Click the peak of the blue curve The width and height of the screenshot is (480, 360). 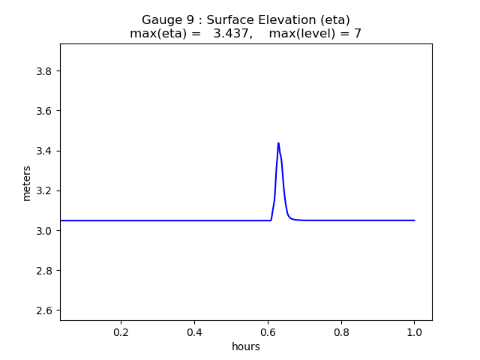(278, 143)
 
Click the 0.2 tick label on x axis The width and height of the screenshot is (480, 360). (121, 331)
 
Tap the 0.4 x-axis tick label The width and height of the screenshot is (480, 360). (195, 331)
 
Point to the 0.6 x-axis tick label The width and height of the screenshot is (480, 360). (268, 331)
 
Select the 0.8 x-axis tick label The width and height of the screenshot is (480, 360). (341, 331)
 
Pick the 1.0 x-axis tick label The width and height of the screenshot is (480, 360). (415, 331)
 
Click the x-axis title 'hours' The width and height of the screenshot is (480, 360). (246, 346)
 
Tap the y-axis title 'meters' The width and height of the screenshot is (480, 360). (27, 183)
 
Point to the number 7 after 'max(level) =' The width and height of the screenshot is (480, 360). (358, 34)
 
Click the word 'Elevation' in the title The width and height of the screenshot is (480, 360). (277, 19)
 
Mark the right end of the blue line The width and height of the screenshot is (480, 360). (415, 220)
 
